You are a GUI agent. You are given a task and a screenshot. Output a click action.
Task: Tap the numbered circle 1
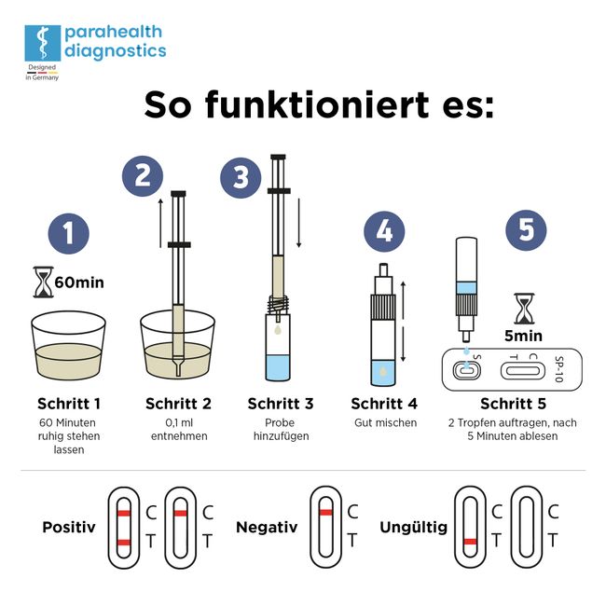click(68, 233)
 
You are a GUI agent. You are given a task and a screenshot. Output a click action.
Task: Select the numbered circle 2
click(143, 176)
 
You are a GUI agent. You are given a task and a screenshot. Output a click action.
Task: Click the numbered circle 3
click(241, 176)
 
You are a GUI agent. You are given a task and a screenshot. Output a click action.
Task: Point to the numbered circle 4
click(384, 232)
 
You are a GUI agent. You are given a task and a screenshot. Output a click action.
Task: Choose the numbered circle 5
click(527, 229)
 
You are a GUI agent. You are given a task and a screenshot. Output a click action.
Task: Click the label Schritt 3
click(281, 404)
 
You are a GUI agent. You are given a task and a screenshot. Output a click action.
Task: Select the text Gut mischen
click(384, 423)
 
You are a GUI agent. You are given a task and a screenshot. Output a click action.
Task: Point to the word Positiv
click(69, 527)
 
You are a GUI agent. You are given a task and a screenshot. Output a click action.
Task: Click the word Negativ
click(267, 527)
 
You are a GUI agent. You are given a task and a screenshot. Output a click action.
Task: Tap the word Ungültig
click(413, 527)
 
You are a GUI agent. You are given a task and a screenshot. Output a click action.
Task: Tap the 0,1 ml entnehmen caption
click(178, 429)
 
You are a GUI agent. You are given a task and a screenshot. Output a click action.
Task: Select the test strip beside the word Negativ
click(325, 526)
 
